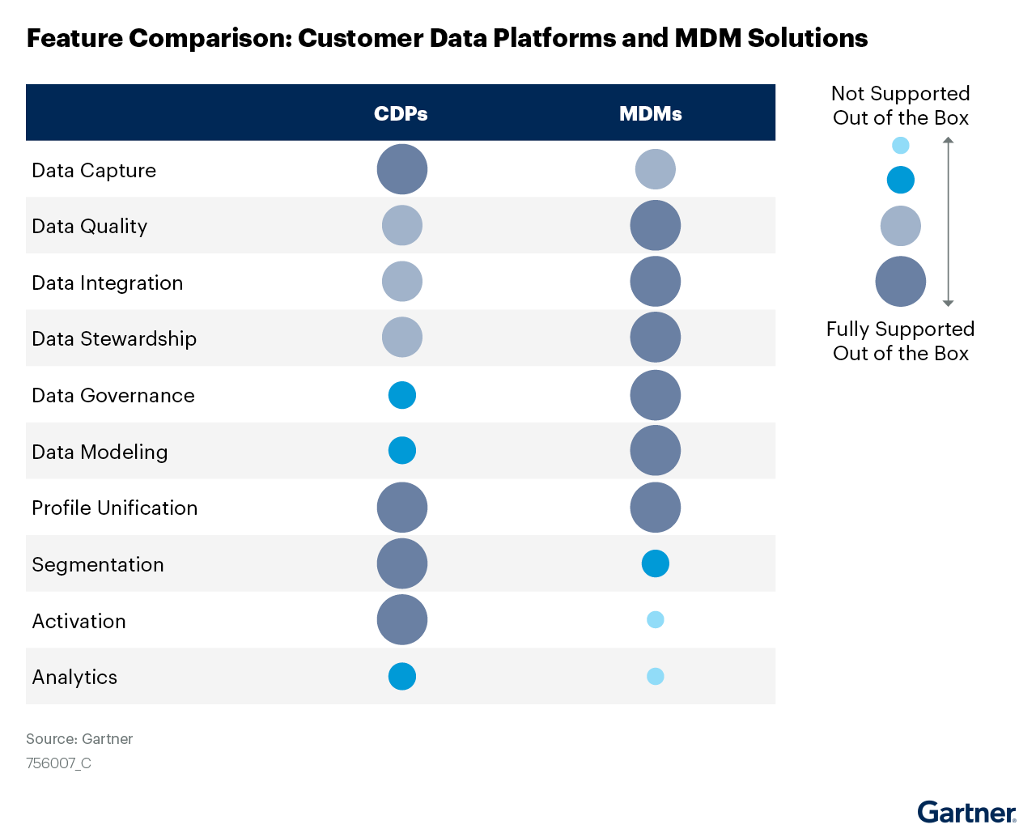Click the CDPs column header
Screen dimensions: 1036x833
401,113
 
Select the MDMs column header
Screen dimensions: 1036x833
651,113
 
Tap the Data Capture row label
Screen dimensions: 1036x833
94,171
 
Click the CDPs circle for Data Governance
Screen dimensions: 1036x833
402,395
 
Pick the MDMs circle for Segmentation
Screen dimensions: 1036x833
656,563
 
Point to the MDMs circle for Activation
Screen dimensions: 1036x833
656,620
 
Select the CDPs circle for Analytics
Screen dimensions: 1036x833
402,677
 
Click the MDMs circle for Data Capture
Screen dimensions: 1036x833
656,169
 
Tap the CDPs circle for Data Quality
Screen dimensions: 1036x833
402,225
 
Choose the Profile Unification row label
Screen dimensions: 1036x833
115,508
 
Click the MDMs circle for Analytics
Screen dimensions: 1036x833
656,677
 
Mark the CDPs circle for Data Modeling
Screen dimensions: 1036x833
402,450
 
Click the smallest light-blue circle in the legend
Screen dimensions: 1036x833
900,145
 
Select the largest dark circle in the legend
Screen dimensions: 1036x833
900,281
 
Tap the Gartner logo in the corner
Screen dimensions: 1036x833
966,812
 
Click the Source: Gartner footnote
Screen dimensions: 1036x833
79,738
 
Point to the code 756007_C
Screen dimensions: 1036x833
58,763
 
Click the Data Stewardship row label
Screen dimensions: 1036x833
114,338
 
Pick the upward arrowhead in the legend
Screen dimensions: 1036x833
948,140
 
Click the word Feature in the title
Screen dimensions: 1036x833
74,38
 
